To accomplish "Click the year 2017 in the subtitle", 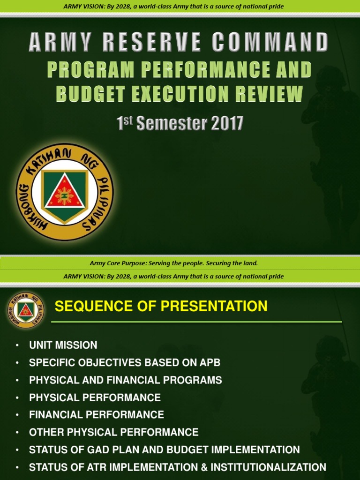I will (x=227, y=124).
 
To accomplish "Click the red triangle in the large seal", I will (x=65, y=193).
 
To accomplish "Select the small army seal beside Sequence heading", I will (x=26, y=310).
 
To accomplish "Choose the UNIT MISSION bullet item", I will (x=63, y=345).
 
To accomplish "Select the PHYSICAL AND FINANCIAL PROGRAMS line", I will (x=125, y=380).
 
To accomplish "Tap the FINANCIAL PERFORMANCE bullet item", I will (x=97, y=414).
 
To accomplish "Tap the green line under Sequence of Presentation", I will (x=196, y=322).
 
